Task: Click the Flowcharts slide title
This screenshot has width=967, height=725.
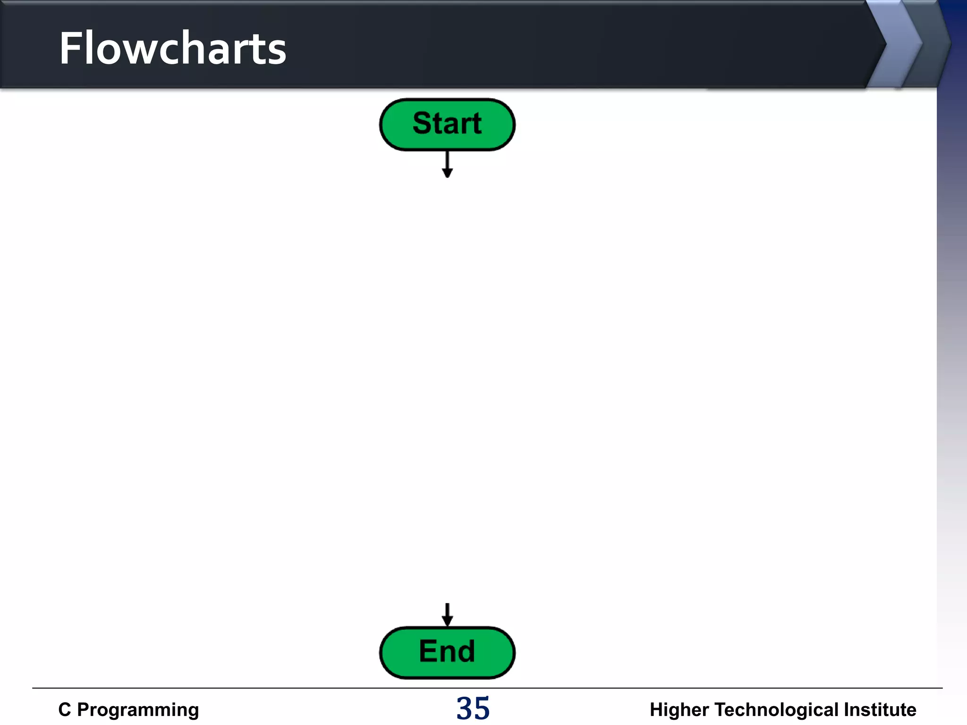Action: [172, 48]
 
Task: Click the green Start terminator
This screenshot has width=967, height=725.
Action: [447, 125]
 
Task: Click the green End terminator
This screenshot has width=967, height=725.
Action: [447, 652]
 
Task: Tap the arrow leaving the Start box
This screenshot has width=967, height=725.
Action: [447, 163]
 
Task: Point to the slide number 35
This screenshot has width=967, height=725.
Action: [473, 708]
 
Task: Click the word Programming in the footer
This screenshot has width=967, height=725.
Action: [138, 710]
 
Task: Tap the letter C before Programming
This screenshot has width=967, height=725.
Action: [65, 709]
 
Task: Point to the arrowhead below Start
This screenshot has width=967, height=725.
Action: [447, 173]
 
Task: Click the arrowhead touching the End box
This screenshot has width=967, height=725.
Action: [447, 621]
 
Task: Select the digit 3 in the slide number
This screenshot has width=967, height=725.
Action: [465, 708]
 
